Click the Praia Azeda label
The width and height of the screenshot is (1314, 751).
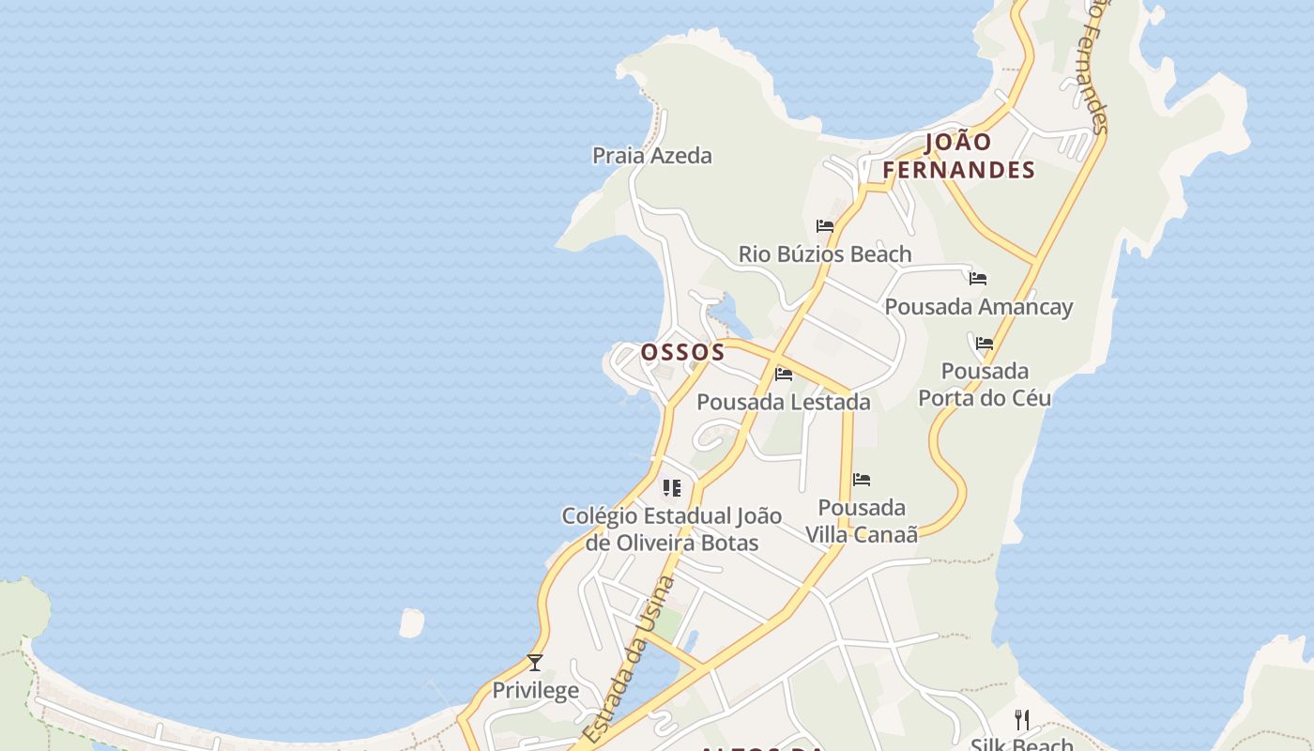point(652,156)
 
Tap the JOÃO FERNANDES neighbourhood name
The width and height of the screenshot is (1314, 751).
point(958,156)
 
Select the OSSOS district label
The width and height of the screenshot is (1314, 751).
point(682,352)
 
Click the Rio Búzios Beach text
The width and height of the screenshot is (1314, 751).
point(825,254)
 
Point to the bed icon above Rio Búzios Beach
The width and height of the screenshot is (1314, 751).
point(825,226)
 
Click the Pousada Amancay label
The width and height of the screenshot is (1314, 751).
point(978,307)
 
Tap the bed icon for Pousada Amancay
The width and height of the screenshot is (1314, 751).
point(978,279)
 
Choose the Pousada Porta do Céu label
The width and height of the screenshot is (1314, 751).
point(985,384)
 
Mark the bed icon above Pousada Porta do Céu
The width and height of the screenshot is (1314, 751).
point(985,344)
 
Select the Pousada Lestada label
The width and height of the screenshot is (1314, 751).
point(784,402)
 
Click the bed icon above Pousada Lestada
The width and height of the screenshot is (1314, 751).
point(784,375)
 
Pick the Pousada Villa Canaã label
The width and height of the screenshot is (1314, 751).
point(862,521)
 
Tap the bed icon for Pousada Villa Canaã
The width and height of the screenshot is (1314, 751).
point(862,480)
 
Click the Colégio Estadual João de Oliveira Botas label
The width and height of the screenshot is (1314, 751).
point(671,529)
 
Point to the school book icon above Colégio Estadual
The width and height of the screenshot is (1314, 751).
point(671,488)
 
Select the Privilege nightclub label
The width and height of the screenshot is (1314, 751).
point(536,691)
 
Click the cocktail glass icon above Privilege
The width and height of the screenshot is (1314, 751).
point(535,663)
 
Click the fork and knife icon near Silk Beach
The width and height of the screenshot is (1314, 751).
point(1022,720)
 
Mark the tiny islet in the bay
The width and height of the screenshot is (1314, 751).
point(411,622)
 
